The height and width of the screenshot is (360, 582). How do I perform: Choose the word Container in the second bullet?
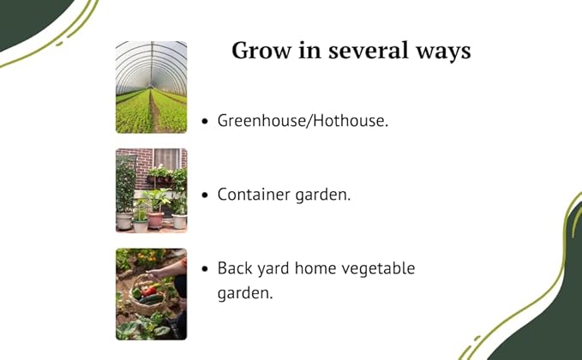tap(251, 195)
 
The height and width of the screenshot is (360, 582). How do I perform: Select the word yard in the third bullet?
tap(273, 268)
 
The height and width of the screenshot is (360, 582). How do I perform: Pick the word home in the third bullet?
tap(317, 268)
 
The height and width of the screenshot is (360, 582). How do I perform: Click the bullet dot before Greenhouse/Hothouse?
tap(205, 122)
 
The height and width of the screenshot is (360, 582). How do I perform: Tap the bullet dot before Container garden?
tap(205, 195)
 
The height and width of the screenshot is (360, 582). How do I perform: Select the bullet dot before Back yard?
tap(205, 269)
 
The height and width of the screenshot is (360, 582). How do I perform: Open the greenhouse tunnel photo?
tap(151, 87)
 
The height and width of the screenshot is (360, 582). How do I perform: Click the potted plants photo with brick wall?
tap(151, 190)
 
